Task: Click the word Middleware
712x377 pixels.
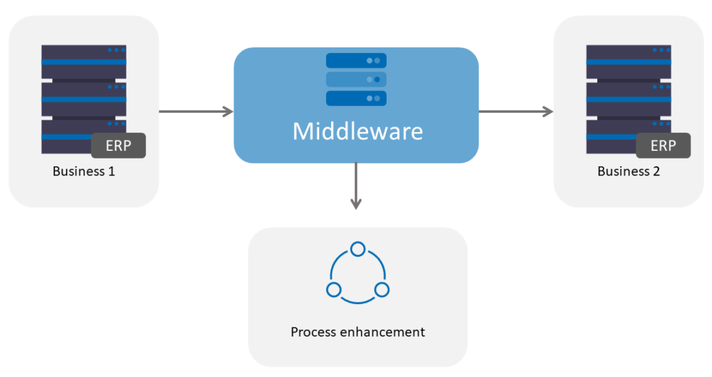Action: coord(357,131)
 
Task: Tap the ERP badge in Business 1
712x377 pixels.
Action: coord(118,146)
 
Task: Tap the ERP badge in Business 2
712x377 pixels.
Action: coord(663,146)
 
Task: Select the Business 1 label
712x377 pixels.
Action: coord(83,171)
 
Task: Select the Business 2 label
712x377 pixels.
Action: coord(629,171)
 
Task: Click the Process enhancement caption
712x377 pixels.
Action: coord(357,332)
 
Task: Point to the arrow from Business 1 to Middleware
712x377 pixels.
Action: coord(195,111)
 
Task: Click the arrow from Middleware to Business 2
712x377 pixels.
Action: coord(515,111)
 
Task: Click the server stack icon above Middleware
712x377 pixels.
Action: coord(356,79)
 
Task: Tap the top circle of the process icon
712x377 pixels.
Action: coord(357,249)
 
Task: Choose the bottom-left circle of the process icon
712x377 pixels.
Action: coord(334,289)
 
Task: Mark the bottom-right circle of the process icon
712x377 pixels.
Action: coord(381,289)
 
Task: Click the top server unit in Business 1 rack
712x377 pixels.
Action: coord(83,61)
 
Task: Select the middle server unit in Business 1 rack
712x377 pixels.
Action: coord(83,99)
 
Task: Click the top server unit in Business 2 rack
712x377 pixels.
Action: coord(629,61)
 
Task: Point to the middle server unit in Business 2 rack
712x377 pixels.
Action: coord(629,99)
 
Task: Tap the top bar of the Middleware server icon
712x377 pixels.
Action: coord(356,61)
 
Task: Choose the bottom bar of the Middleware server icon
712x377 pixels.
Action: coord(356,97)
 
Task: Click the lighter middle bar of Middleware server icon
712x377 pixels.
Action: coord(356,79)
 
